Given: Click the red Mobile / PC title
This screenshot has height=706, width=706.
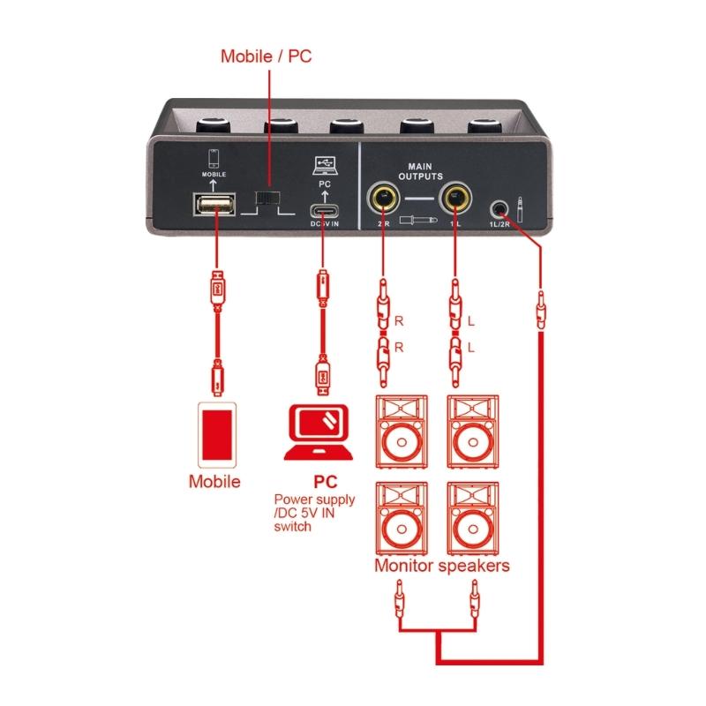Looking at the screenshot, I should [x=266, y=57].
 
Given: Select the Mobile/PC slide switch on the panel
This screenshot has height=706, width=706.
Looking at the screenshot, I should [x=266, y=198].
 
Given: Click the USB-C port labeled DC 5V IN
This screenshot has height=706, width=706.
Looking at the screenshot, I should [x=323, y=212].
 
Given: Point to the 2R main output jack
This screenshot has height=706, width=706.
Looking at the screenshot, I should [x=384, y=197].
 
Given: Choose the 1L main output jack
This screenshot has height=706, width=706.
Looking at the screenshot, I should [x=454, y=197].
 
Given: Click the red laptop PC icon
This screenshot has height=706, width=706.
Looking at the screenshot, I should [x=320, y=432].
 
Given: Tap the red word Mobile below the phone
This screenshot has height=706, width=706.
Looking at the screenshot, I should [x=214, y=482].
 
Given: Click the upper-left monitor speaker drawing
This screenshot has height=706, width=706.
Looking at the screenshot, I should [x=402, y=432].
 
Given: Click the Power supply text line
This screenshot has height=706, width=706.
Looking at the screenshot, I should [x=315, y=499].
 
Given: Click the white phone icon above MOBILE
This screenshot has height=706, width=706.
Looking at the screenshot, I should [x=213, y=158].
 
